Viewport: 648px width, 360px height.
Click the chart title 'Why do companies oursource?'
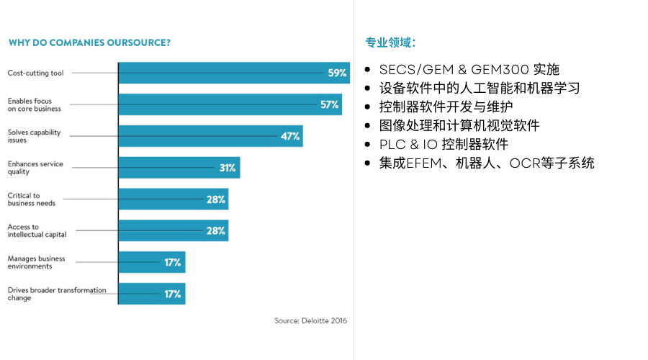coord(89,42)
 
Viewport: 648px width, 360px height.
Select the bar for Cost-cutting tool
coord(223,73)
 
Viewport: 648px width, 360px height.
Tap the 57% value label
coord(330,104)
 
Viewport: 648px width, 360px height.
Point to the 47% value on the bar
coord(291,136)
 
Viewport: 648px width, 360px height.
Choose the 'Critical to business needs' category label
coord(32,199)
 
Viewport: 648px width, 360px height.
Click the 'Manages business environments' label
coord(37,262)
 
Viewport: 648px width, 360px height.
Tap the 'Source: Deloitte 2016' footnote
coord(310,321)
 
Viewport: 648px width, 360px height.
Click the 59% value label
coord(337,73)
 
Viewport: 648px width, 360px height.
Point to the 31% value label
coord(228,168)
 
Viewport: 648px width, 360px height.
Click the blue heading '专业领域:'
coord(390,42)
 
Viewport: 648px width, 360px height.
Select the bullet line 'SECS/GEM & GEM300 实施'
coord(469,70)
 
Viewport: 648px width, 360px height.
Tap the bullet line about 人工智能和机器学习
coord(480,89)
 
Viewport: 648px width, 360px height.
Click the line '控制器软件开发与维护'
coord(446,107)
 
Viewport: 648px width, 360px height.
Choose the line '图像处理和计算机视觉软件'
coord(459,126)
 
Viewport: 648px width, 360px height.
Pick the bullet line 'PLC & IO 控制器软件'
coord(444,144)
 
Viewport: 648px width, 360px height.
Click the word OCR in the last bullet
coord(523,163)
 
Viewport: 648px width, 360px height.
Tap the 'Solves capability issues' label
coord(35,136)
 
